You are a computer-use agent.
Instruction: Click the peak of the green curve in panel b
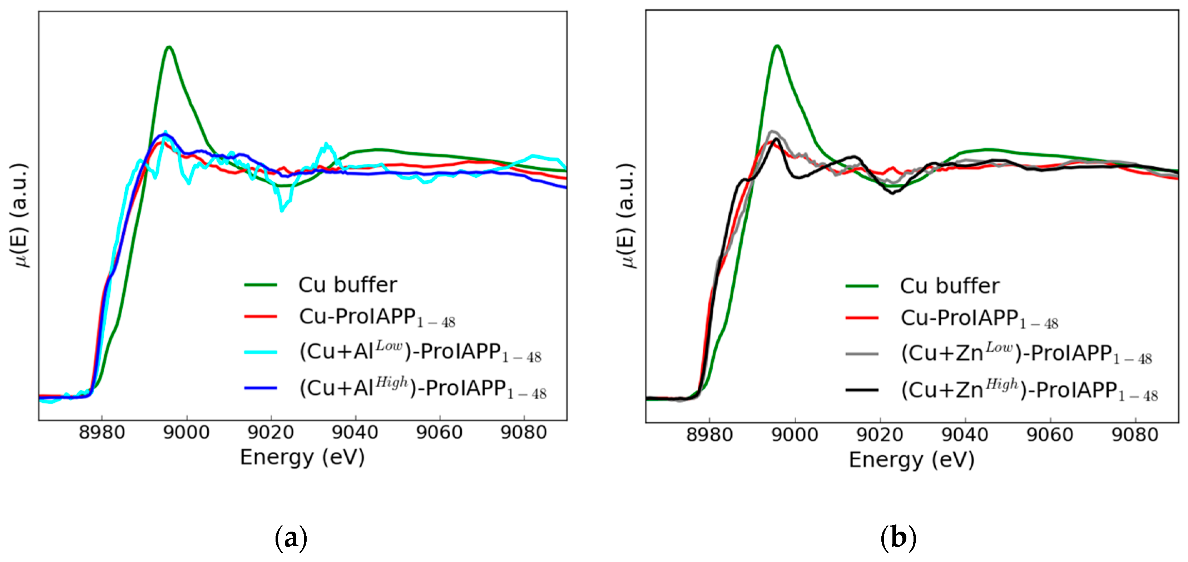[778, 46]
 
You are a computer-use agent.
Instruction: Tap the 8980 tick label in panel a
[102, 433]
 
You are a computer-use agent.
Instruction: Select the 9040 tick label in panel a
[355, 433]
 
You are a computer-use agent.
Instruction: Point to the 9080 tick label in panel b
[1135, 435]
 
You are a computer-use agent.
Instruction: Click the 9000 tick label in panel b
[795, 435]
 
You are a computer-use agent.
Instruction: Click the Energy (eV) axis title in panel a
[302, 457]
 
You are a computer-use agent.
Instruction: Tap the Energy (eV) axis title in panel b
[911, 460]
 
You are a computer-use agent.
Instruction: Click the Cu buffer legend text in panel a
[348, 285]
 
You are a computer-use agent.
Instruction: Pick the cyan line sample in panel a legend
[261, 352]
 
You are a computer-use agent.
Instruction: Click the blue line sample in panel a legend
[261, 388]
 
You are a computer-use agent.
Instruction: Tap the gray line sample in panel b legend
[861, 354]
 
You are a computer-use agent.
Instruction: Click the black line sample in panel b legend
[861, 390]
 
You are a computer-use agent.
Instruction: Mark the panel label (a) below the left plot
[291, 538]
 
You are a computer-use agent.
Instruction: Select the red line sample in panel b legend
[861, 318]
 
